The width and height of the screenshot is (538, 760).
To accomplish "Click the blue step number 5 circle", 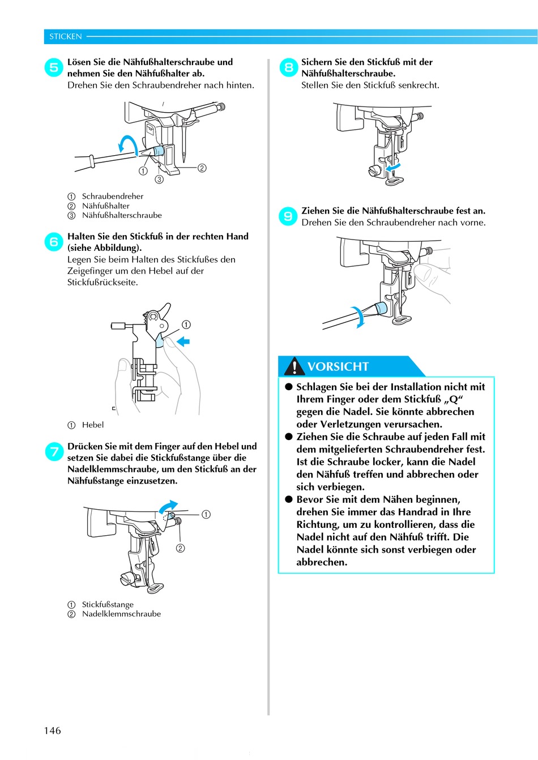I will (x=53, y=67).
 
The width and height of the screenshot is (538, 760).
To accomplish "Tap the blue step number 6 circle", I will (x=53, y=242).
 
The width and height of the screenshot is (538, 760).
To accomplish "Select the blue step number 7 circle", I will (x=54, y=451).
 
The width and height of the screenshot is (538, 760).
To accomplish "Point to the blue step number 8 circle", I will (x=288, y=67).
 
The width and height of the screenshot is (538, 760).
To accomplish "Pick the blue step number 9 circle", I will (x=288, y=216).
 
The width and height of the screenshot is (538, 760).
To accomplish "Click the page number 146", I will (x=52, y=731).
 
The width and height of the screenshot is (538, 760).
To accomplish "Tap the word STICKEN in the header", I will (x=66, y=36).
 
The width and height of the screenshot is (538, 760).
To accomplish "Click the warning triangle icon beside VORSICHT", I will (x=294, y=367).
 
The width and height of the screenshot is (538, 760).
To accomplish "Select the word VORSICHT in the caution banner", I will (x=338, y=366).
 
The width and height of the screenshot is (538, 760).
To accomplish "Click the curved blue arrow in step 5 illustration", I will (x=129, y=144).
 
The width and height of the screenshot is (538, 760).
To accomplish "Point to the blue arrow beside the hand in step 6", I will (x=183, y=341).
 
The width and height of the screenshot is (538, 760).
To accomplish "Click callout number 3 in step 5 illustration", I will (x=159, y=180).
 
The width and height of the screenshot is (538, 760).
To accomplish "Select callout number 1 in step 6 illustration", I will (x=186, y=325).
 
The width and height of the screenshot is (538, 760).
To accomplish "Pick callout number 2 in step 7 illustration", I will (x=180, y=548).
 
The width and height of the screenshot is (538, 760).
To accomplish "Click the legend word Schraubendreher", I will (x=113, y=196).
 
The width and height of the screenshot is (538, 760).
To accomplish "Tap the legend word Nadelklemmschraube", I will (x=121, y=614).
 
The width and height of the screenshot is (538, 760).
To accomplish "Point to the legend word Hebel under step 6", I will (x=93, y=425).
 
